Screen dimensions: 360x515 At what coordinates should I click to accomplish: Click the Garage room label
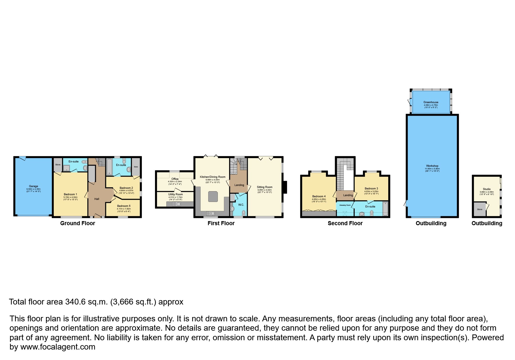coord(33,186)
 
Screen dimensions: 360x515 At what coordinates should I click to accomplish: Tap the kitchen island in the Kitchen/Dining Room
coord(213,196)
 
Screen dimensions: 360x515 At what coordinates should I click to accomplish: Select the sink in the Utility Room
coord(177,204)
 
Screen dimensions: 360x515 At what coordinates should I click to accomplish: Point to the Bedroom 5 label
coord(124,206)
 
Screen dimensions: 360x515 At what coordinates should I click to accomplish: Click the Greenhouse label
coord(431,102)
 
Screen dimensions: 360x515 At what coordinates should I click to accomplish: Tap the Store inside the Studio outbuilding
coord(480,209)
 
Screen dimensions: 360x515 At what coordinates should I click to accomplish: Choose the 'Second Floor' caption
coord(345,223)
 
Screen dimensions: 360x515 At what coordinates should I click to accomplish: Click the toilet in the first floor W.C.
coord(243,213)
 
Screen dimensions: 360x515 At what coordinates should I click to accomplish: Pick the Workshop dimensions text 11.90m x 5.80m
coord(432,169)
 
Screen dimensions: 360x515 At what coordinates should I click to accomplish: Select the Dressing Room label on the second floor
coord(345,205)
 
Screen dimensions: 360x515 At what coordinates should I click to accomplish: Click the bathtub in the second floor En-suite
coord(385,209)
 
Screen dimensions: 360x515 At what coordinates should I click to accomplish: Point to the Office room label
coord(175,179)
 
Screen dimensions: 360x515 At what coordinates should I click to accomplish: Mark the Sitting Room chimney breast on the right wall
coord(285,187)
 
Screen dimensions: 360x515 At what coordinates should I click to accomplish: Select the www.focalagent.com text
coord(58,347)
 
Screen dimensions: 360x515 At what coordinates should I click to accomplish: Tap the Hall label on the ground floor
coord(97,199)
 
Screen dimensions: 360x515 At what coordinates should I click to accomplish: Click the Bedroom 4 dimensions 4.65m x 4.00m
coord(319,199)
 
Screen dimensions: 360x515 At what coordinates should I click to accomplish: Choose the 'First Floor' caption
coord(221,223)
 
